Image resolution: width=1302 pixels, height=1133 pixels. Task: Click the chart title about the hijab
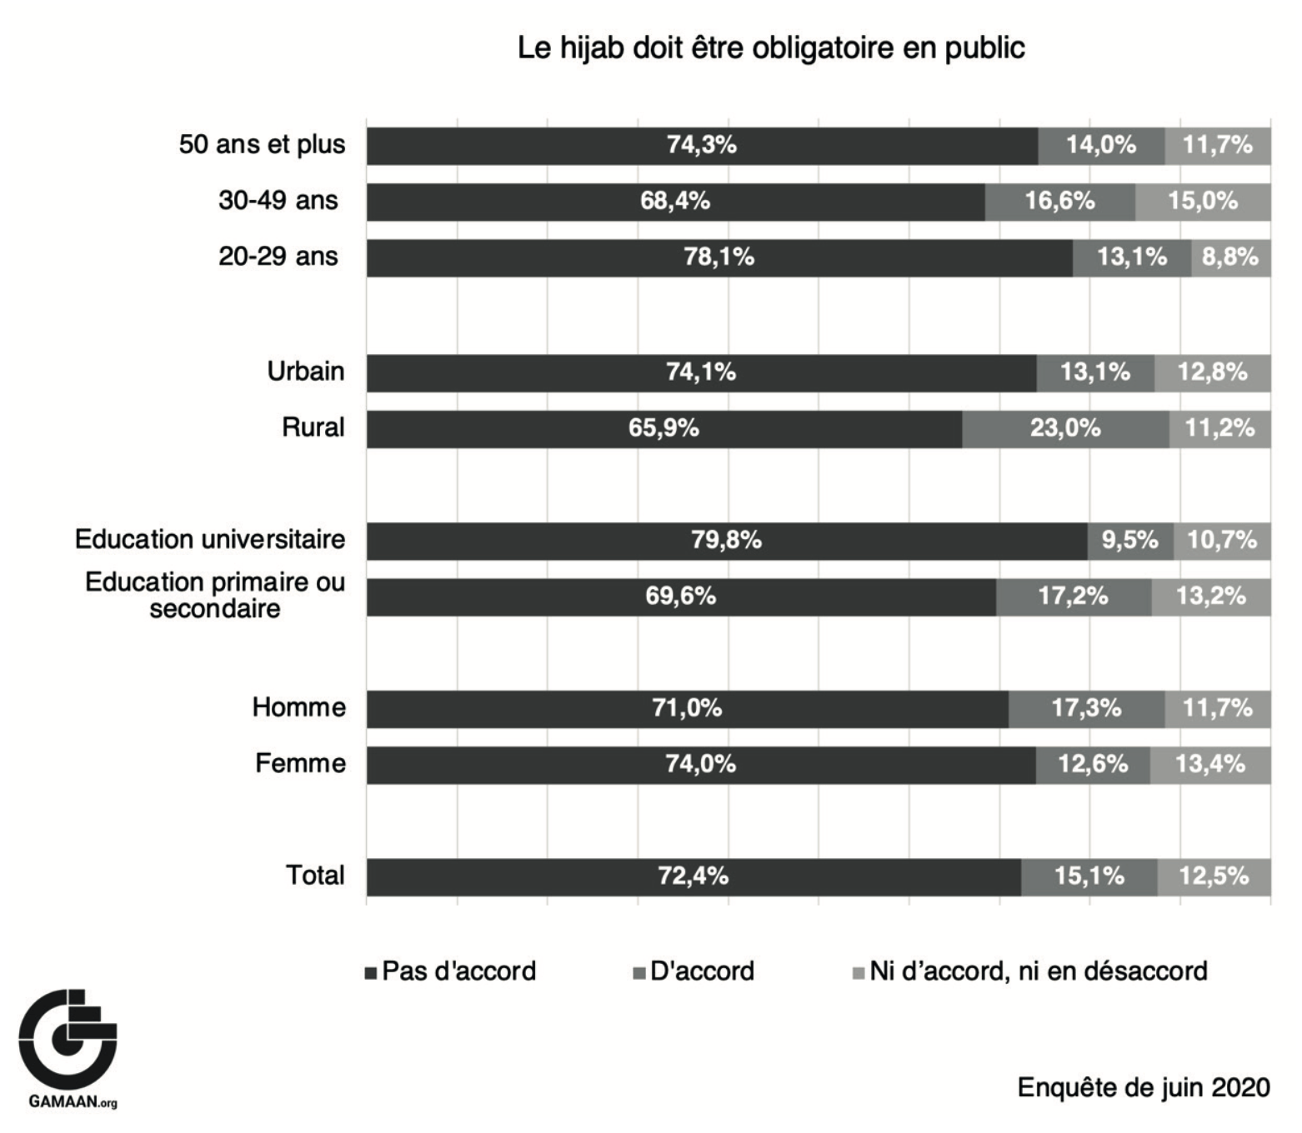(771, 48)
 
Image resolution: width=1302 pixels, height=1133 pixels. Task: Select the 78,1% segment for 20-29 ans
(719, 257)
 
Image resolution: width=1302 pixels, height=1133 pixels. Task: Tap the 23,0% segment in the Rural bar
(1065, 428)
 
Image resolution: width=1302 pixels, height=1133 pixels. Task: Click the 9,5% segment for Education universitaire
(1130, 541)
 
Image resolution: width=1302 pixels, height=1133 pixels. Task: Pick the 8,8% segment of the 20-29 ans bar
(1230, 257)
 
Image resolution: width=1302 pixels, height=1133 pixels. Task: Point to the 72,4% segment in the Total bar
(694, 876)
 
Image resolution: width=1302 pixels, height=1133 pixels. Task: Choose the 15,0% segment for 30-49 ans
(1203, 202)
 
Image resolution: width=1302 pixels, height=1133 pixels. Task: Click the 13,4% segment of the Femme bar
(1210, 765)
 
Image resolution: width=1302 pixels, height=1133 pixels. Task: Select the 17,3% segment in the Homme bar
(1086, 709)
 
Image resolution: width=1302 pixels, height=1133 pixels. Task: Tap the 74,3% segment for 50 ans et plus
(702, 146)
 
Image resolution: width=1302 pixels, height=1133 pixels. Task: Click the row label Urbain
(306, 372)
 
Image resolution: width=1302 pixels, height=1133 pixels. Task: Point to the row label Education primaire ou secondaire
(215, 595)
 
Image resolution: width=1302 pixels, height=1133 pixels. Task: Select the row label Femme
(300, 764)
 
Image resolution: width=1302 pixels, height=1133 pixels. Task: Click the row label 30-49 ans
(278, 202)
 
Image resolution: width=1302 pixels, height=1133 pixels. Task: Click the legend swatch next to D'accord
(639, 973)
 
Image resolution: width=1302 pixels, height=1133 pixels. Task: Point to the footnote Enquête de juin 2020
(1144, 1088)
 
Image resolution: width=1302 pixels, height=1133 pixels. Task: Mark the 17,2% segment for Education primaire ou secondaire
(1074, 596)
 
